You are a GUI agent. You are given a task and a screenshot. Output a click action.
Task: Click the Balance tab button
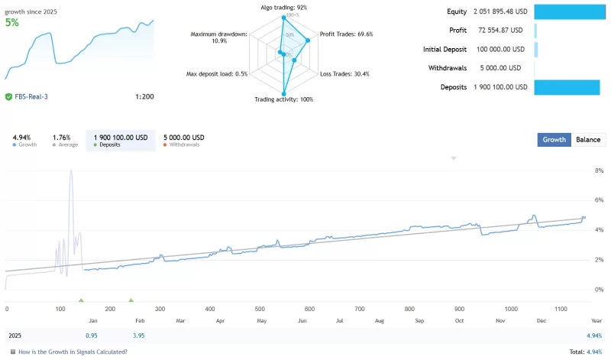coord(587,140)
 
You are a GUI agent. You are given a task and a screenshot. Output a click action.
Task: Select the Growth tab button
coord(554,140)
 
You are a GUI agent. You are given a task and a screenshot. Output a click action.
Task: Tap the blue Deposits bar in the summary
coord(567,87)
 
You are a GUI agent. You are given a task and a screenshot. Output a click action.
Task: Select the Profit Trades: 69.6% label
coord(346,34)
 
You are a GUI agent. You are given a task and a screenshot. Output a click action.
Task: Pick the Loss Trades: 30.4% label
coord(344,74)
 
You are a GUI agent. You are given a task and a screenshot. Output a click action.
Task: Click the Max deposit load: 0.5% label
coord(217,74)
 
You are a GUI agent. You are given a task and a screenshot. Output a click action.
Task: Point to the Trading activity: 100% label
coord(283,99)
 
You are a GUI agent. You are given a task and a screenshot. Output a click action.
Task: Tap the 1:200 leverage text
coord(144,97)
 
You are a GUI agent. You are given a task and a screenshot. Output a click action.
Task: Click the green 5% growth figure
coord(12,23)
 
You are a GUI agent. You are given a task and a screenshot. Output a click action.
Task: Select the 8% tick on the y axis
coord(599,171)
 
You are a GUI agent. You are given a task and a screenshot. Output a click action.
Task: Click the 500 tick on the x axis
coord(260,309)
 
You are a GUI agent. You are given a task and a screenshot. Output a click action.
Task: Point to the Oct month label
coord(459,321)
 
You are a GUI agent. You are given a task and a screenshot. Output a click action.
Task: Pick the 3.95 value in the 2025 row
coord(138,336)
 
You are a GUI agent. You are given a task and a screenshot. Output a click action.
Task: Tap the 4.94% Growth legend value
coord(22,138)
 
